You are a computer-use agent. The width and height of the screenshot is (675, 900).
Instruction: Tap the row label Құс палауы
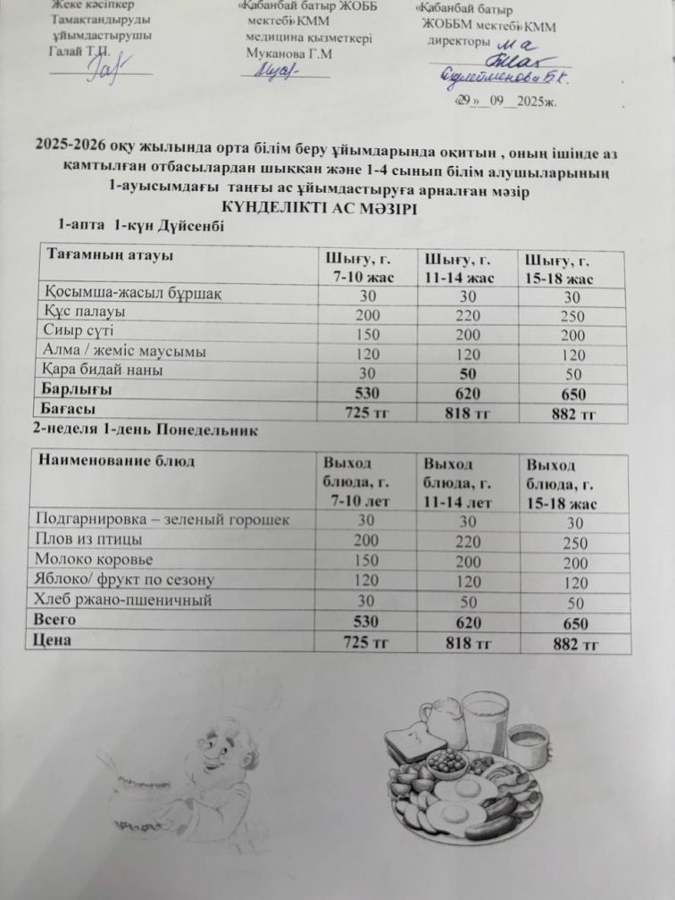[x=83, y=312]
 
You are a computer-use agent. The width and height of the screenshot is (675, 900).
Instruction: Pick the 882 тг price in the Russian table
[x=575, y=645]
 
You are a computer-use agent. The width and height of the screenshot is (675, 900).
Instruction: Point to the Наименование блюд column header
[x=113, y=462]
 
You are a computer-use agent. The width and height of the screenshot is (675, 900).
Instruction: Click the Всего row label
[x=54, y=619]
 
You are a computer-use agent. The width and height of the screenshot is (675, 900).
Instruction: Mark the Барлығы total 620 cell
[x=468, y=393]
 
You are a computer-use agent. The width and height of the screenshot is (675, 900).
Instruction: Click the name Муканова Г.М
[x=288, y=54]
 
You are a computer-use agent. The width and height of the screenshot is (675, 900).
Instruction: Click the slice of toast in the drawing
[x=414, y=743]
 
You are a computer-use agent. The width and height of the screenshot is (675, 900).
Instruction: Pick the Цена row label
[x=51, y=639]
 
